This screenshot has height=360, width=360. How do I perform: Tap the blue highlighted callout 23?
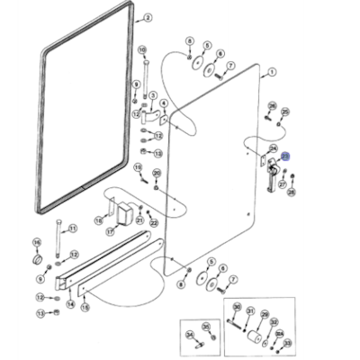286,156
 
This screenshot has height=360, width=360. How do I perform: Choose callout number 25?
284,112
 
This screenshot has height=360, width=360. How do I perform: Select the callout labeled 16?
37,242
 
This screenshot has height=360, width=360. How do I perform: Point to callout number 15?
86,306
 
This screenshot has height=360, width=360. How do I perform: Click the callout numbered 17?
109,231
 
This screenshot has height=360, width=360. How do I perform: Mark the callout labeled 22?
154,223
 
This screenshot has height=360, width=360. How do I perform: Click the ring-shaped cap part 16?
38,259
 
